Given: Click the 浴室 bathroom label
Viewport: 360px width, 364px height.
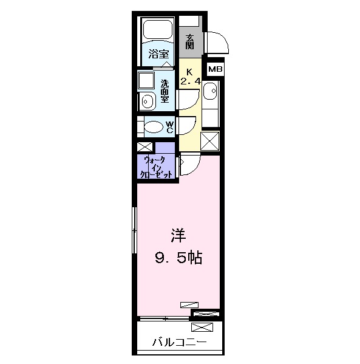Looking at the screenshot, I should point(158,53).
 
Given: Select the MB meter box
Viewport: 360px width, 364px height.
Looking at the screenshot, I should point(215,69).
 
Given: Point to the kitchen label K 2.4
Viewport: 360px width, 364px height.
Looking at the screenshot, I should point(189,75).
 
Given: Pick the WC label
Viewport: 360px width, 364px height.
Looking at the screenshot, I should point(170,126).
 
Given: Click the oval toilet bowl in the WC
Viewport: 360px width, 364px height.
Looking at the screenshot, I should point(156,127).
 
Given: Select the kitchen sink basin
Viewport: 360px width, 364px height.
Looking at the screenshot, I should point(209,92).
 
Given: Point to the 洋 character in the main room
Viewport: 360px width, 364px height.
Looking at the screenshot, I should point(177,234).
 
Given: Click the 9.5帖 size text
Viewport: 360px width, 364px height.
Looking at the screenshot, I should point(177,258).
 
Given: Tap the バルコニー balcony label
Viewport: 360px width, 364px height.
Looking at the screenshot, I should point(178,343).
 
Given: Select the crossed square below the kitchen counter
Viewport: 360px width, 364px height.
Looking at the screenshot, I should point(209,140).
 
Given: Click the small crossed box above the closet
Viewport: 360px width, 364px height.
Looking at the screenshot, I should point(145,147).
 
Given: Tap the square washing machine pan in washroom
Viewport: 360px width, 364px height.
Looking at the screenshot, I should point(146,80).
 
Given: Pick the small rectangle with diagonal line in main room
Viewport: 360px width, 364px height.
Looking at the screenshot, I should point(189,304).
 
